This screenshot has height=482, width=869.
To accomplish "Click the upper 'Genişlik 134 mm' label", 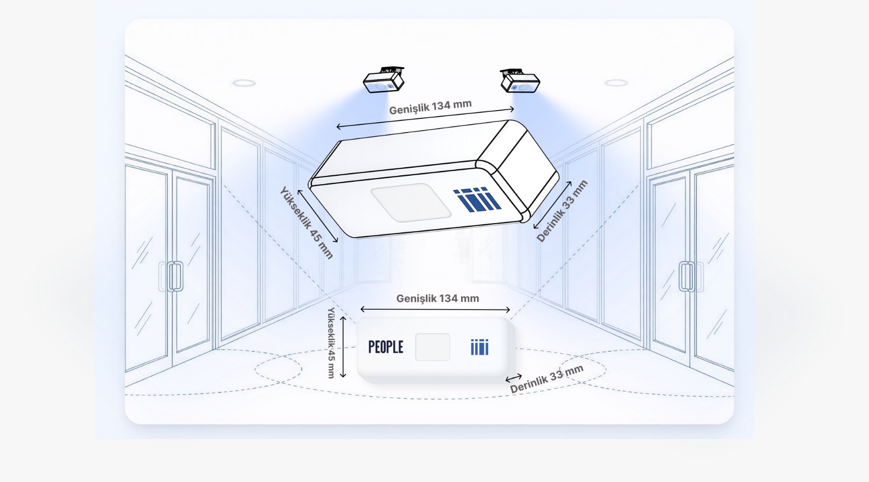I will click(x=430, y=107).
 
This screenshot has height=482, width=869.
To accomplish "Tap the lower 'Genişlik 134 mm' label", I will click(x=437, y=298).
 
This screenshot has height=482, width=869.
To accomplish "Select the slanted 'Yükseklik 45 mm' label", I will click(x=306, y=223).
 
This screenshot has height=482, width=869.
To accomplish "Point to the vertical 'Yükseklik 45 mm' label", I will click(x=331, y=343).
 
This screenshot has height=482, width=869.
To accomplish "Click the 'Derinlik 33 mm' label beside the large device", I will click(x=562, y=211).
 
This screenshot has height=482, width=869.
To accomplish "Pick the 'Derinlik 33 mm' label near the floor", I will click(x=546, y=379).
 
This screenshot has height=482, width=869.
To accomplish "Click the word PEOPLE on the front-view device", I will click(x=386, y=347).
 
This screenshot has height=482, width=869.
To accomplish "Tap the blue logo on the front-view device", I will click(x=480, y=347).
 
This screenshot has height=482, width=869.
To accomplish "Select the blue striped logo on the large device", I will click(x=476, y=199).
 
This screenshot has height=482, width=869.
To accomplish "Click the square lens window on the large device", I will click(x=411, y=202).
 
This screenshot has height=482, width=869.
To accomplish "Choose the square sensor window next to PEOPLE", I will click(x=432, y=347).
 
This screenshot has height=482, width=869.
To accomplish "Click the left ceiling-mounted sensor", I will click(x=383, y=81).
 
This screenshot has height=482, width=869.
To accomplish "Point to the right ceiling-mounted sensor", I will click(x=519, y=80).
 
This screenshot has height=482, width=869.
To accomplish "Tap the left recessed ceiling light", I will click(x=244, y=83).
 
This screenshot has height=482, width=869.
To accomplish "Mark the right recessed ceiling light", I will click(x=616, y=83).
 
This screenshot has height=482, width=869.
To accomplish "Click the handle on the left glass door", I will click(x=175, y=276).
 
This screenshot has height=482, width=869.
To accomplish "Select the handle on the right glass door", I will click(x=686, y=276).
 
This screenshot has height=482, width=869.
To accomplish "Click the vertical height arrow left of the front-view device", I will click(x=343, y=347).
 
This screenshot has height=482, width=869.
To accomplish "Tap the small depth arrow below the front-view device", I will click(x=514, y=377).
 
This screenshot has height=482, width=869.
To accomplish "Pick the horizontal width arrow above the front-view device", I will click(x=435, y=309).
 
